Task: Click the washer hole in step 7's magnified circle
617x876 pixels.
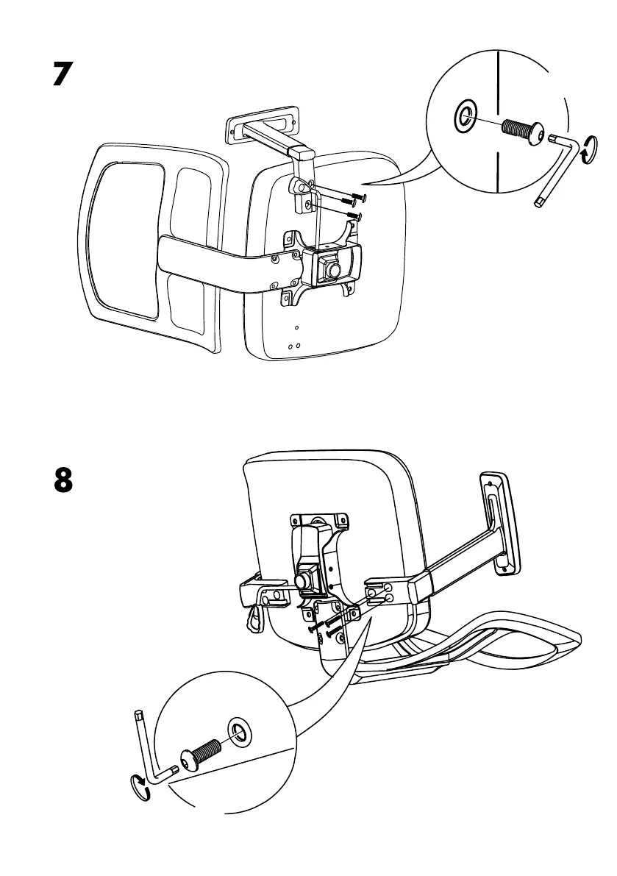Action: [465, 116]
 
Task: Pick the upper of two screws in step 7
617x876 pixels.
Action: [354, 196]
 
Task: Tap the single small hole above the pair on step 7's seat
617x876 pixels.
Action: [296, 327]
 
